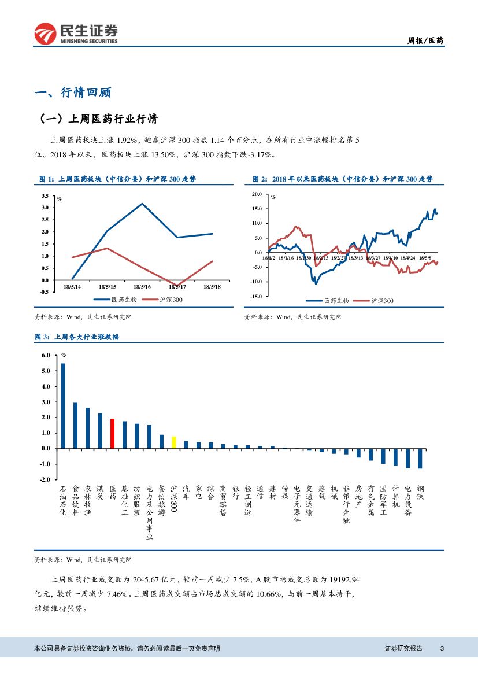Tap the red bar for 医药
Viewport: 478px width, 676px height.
tap(113, 433)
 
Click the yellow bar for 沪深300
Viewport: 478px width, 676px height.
tap(173, 442)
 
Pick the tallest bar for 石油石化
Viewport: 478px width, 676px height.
tap(63, 405)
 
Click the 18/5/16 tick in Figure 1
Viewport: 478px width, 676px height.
tap(142, 286)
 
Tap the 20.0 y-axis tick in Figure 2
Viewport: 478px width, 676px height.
tap(257, 194)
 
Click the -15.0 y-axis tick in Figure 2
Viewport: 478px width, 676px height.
tap(256, 296)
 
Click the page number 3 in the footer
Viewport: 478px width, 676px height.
tap(442, 648)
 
